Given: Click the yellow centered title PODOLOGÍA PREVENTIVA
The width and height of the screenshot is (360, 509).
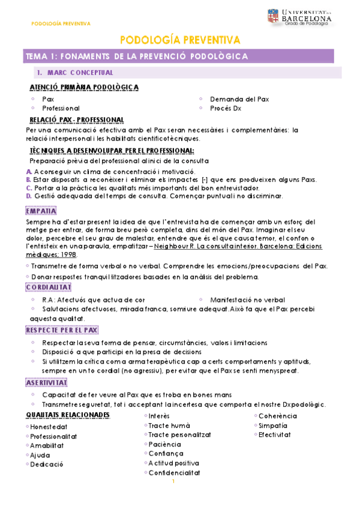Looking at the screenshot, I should pos(180,40).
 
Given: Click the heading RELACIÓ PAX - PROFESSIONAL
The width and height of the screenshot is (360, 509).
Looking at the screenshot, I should pos(80,120).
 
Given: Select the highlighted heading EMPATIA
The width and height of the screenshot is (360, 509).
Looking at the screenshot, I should pos(41,211).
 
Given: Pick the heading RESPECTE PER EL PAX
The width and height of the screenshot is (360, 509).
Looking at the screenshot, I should pos(62,330).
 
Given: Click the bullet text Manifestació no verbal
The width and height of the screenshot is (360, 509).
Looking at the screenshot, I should pos(247,300).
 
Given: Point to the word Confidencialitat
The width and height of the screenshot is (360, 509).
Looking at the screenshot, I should pos(175,472).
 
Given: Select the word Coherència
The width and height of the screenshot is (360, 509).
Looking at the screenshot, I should pos(277,416).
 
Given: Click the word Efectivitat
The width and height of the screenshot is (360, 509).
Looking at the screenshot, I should pos(275,435).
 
